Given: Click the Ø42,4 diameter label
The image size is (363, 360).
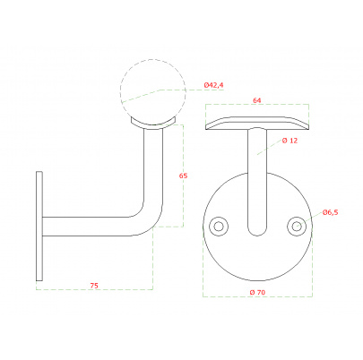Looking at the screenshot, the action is tap(213, 85).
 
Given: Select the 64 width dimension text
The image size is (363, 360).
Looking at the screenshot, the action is tap(257, 100).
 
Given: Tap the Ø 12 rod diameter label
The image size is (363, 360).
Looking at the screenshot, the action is tap(290, 141).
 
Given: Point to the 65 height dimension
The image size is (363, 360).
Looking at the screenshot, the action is tap(183, 176).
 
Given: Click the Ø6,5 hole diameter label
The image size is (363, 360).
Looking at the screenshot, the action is tap(330, 212).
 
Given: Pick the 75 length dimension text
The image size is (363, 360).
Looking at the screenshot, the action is tap(94, 286).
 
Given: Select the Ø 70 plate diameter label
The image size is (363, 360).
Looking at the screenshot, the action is tap(257, 293).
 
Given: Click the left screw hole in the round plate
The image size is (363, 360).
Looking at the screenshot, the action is tap(219, 227).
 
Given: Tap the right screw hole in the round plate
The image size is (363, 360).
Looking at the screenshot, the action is tap(297, 226).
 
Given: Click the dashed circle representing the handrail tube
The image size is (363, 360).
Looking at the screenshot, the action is tap(153, 59).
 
